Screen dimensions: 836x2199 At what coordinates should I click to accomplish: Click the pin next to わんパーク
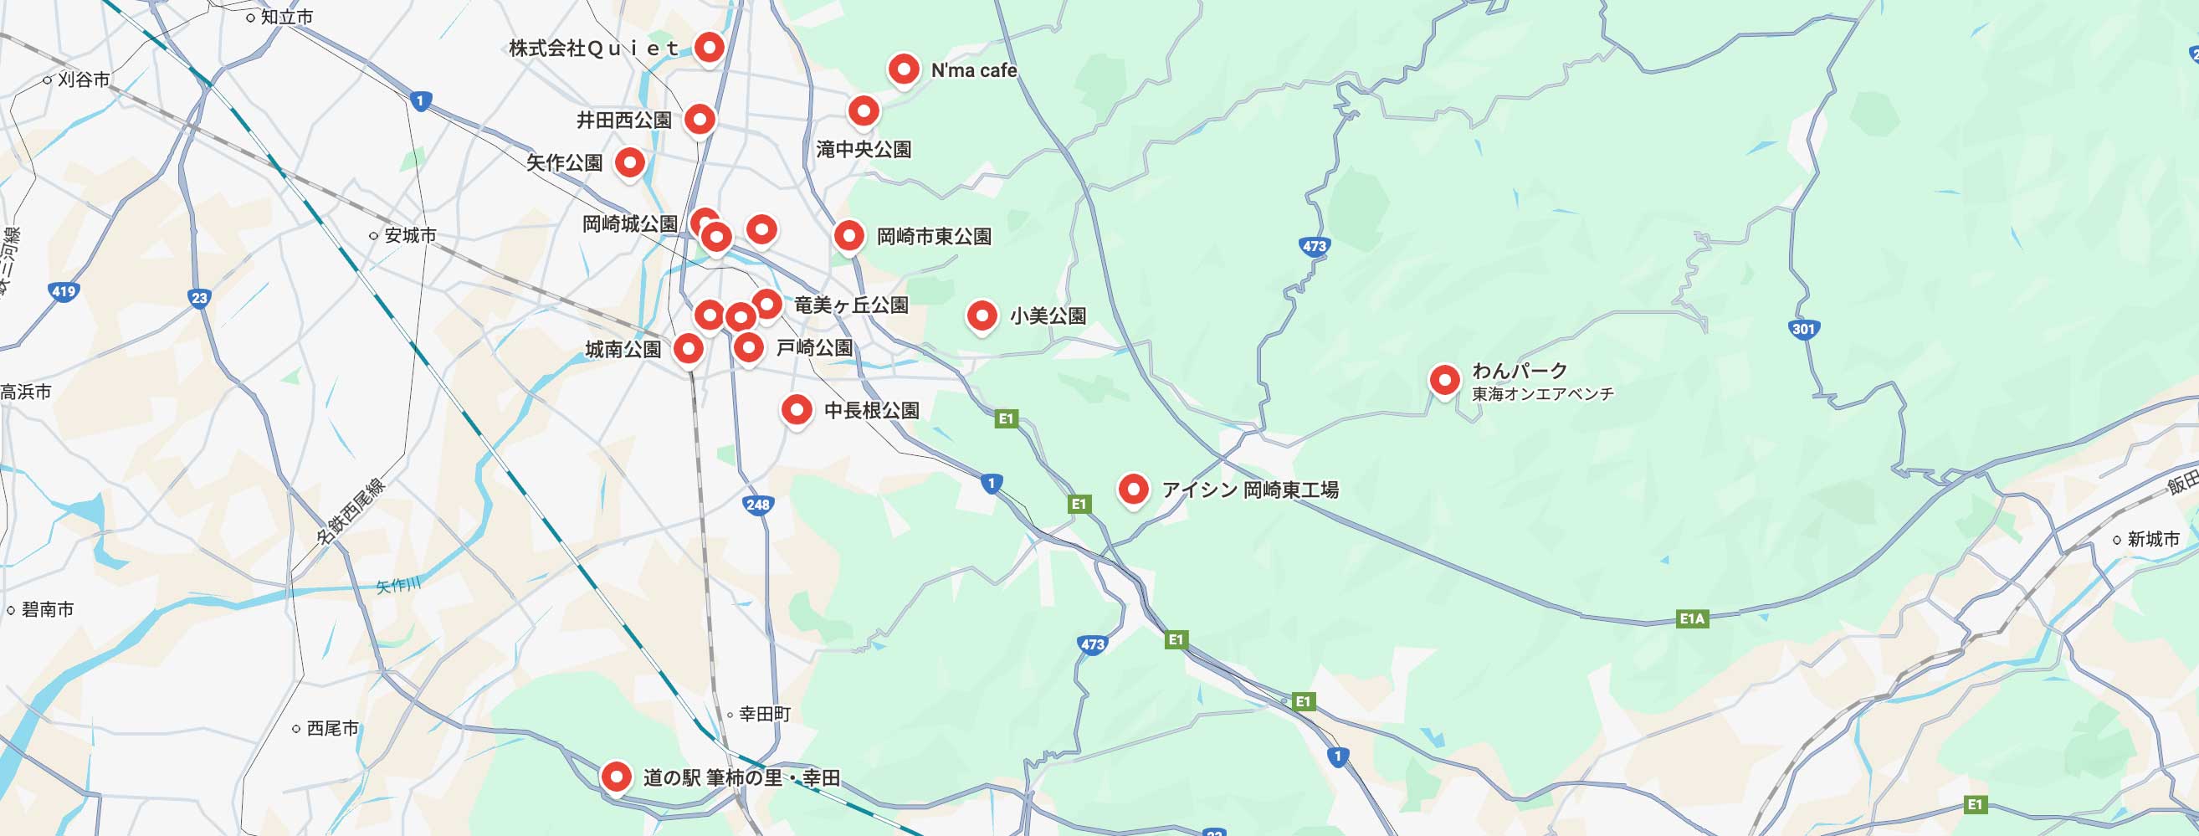1444,379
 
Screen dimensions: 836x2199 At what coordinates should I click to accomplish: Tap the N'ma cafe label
973,71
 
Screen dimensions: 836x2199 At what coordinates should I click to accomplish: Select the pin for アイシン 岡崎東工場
1133,490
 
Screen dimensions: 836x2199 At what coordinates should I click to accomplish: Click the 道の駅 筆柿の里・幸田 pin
616,777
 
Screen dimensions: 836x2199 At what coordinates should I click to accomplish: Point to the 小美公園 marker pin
982,316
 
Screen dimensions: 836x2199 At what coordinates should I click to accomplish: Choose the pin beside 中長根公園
797,410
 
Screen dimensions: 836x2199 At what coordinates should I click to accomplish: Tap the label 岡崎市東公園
934,237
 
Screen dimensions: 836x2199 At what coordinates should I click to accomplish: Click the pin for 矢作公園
630,162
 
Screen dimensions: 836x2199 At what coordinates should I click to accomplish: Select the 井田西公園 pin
700,120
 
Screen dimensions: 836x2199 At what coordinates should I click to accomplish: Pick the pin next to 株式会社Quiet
709,47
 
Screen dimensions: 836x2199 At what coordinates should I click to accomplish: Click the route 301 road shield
1803,329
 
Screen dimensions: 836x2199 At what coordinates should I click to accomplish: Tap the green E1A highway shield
1691,618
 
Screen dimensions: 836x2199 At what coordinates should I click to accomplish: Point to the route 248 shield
757,505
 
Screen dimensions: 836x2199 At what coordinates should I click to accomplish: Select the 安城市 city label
410,235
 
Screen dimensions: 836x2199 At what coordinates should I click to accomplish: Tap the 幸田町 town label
764,714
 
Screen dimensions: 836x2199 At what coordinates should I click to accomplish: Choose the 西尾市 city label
332,728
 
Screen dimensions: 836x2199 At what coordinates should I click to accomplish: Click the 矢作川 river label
398,586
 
